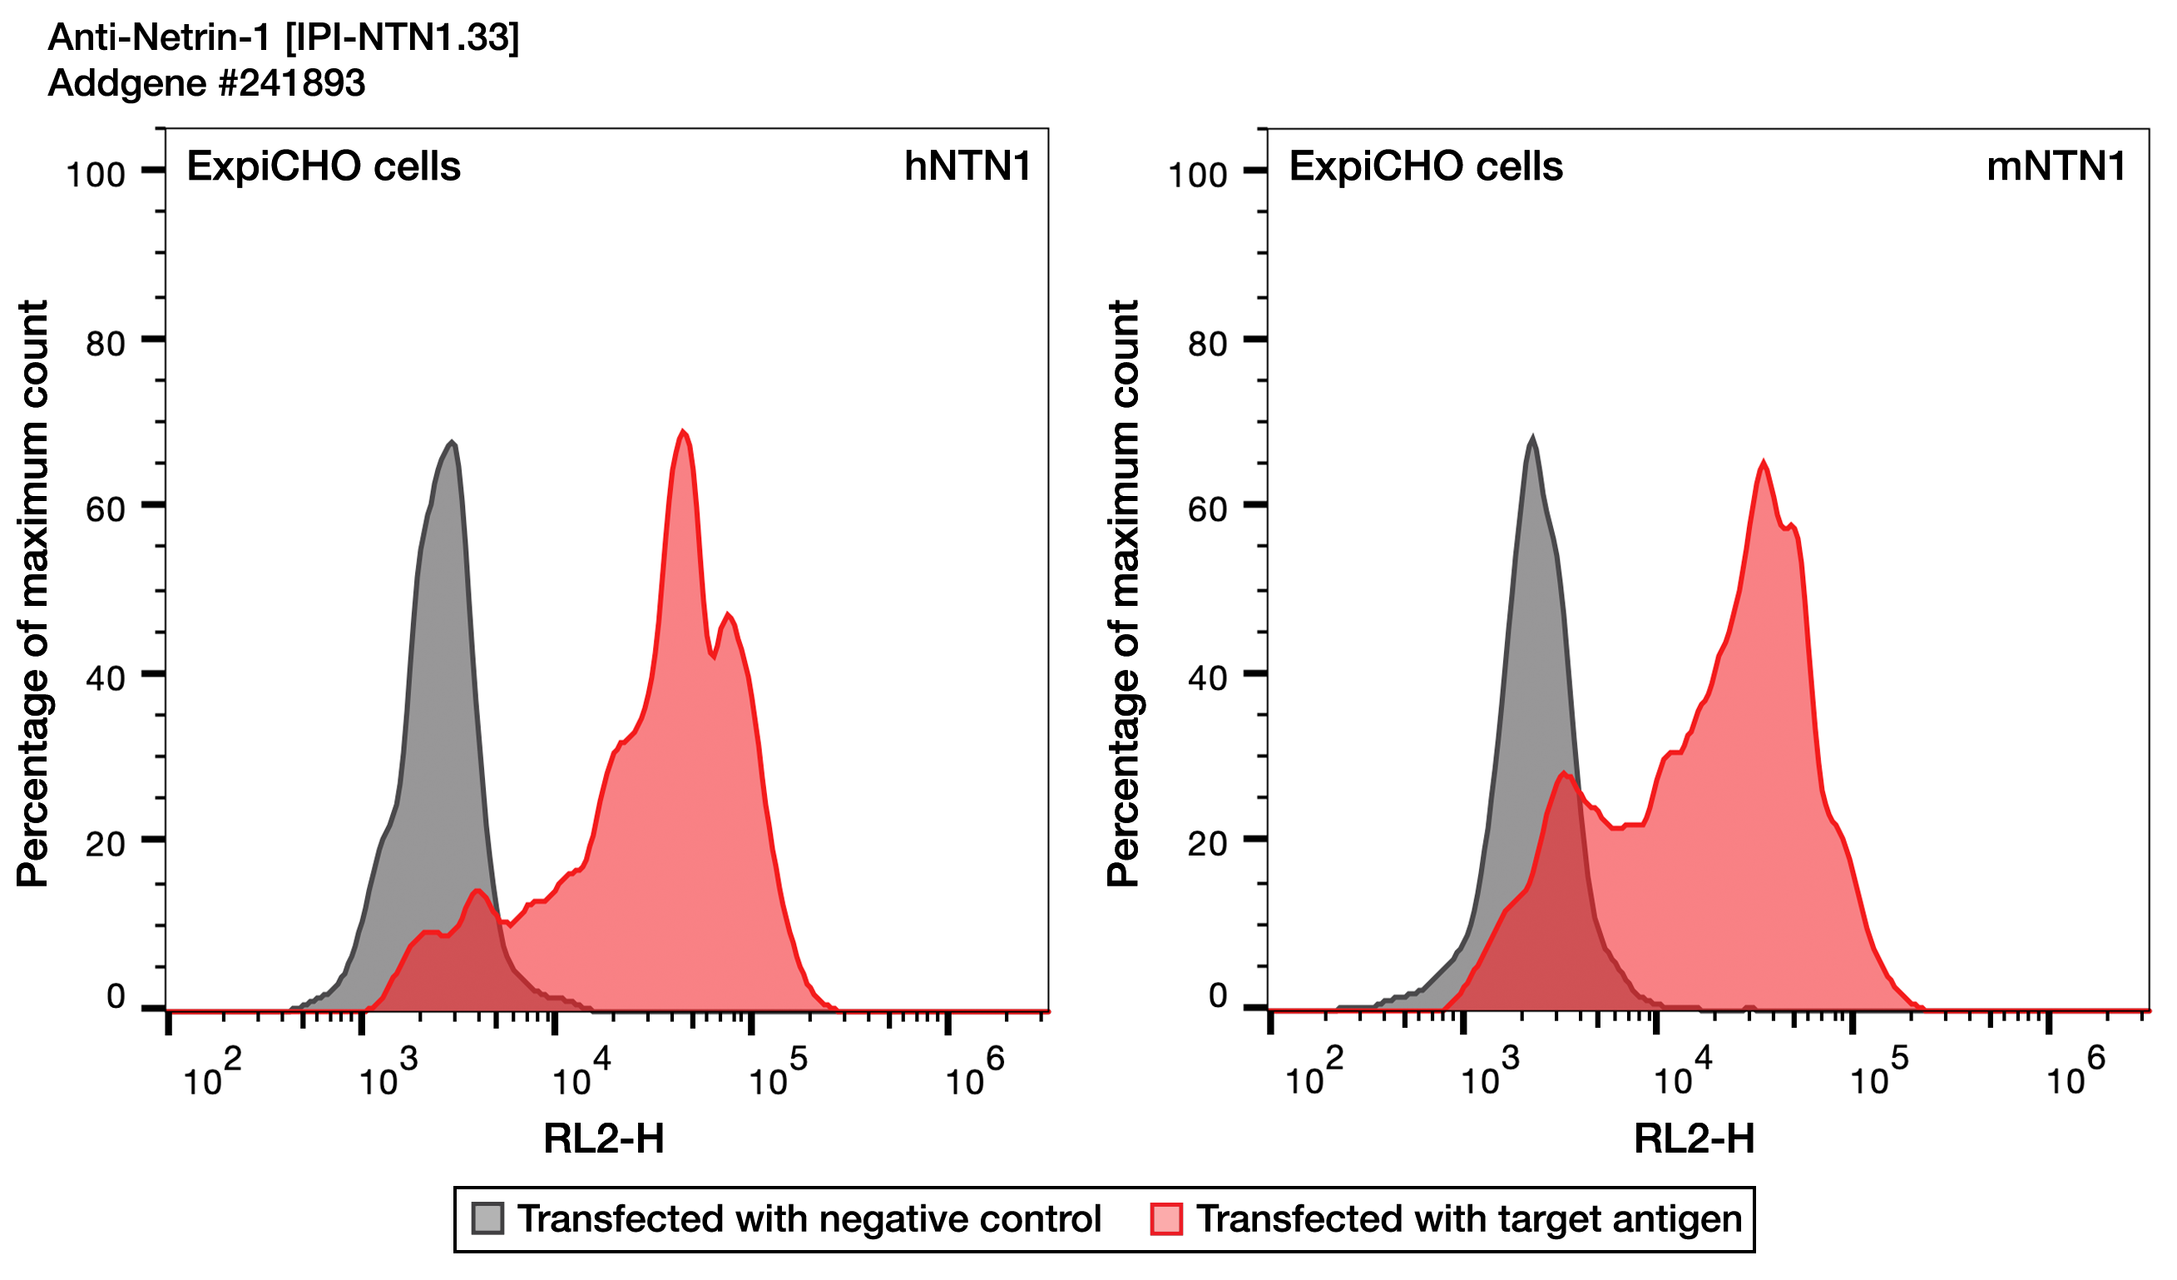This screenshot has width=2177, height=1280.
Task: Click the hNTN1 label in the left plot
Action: pos(967,166)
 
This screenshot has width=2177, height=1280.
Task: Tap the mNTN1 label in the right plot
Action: pos(2056,166)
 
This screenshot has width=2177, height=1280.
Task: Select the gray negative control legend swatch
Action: pos(487,1218)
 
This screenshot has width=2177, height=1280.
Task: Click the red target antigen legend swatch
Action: pos(1166,1218)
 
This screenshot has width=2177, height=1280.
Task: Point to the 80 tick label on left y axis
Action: pos(106,344)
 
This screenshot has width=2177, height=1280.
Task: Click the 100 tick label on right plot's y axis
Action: pos(1196,176)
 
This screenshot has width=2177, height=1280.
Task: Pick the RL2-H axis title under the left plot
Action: pos(604,1139)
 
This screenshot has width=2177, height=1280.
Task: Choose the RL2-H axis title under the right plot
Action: pos(1693,1139)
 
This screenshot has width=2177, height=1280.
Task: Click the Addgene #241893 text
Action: pos(206,83)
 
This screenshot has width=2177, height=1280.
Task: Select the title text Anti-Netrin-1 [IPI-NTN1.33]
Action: pos(284,37)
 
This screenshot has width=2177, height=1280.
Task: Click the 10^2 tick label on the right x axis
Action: pos(1314,1074)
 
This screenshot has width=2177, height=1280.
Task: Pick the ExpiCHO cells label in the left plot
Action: pos(324,166)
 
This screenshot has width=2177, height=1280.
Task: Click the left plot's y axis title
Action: pos(32,593)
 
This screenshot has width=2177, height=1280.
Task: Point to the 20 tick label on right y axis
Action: pos(1207,845)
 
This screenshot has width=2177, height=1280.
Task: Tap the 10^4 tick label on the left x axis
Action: pos(581,1074)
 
